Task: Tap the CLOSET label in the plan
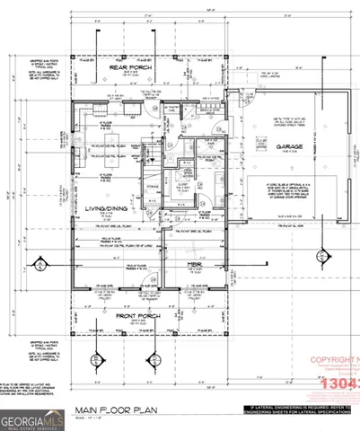[x=182, y=178]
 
